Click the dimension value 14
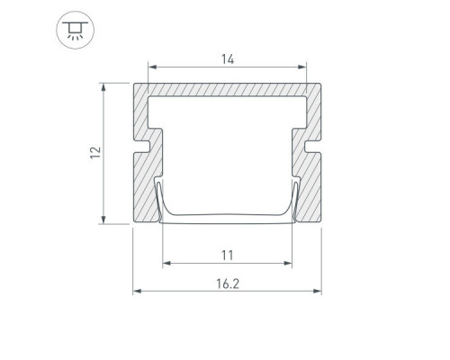coord(228,59)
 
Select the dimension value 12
coord(95,152)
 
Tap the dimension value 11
coord(227,256)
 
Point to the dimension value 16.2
coord(228,283)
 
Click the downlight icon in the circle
coord(76,31)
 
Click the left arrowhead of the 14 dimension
coord(152,67)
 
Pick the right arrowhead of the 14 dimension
coord(302,67)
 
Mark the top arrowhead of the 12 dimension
coord(103,87)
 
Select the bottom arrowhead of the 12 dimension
coord(103,220)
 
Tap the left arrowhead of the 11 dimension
coord(166,263)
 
